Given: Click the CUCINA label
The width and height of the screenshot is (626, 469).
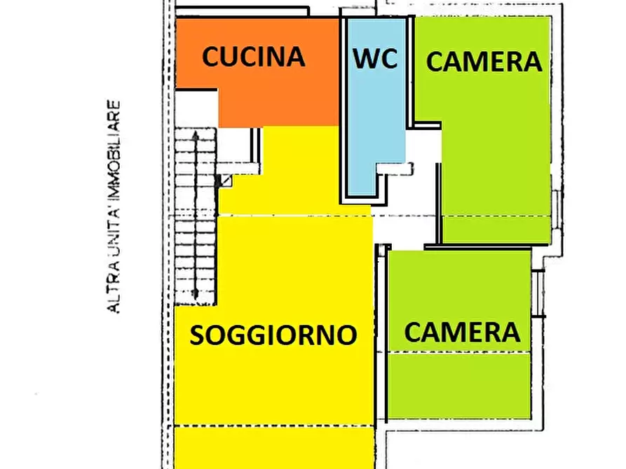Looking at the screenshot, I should pos(253,57).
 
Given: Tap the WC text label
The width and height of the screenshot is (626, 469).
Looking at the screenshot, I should pos(375,59).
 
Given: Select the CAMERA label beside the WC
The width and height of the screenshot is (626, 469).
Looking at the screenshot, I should pos(484,62).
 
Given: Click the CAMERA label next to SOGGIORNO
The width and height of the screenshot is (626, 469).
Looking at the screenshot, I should pos(462,332).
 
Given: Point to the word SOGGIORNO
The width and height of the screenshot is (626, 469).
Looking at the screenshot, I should pos(273,335).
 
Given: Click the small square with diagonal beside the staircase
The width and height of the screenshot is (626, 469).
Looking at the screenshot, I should pos(226,181).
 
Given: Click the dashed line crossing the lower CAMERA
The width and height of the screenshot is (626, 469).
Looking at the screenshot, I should pos(459,353).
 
